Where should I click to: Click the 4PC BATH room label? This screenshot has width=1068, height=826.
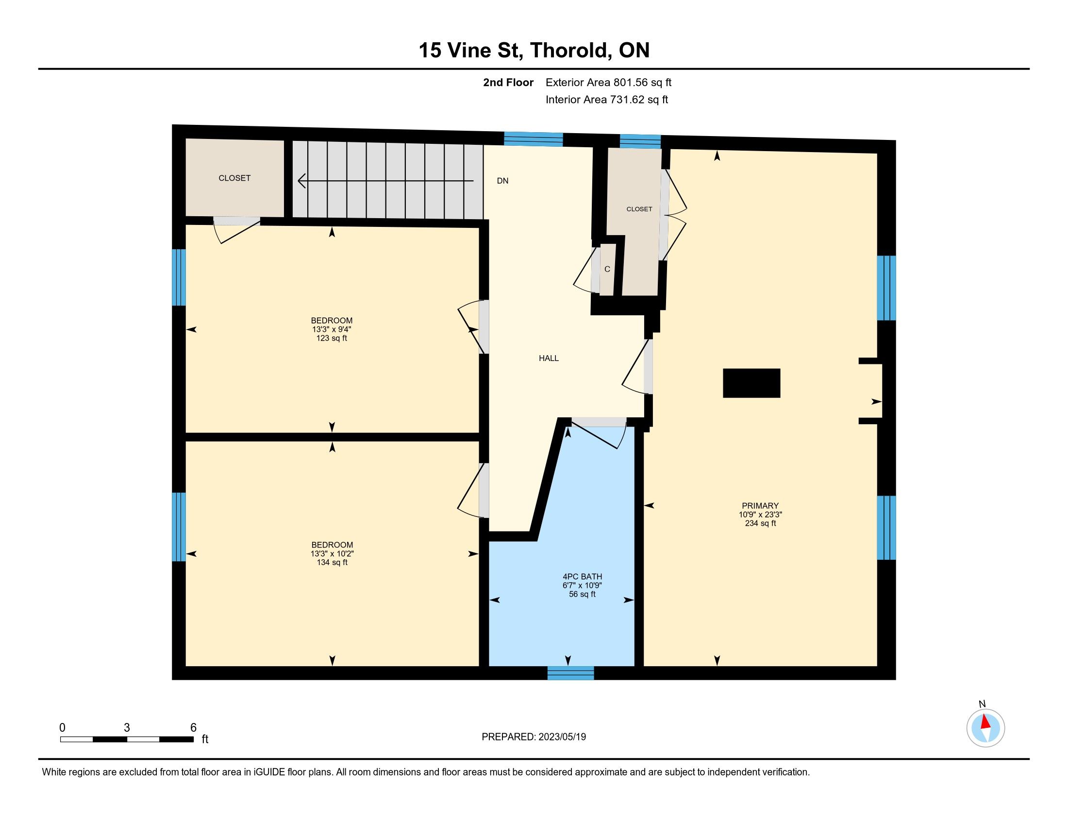582,576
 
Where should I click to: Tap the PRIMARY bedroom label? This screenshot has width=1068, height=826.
760,505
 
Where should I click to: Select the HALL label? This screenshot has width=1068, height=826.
549,358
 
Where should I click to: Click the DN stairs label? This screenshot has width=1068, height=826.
503,181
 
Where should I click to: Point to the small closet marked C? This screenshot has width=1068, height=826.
607,269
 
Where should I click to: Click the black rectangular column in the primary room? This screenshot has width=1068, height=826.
751,383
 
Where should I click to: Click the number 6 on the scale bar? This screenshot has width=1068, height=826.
193,728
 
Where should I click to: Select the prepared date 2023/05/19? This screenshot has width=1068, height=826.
562,737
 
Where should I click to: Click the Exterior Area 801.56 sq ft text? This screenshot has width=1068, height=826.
609,82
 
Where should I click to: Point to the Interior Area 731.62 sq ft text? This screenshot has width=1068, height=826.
607,99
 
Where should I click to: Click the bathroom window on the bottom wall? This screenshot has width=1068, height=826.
571,673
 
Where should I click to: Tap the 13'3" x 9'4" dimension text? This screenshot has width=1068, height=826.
332,329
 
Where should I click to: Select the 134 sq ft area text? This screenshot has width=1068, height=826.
332,562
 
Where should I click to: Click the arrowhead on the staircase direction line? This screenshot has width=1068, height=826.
302,181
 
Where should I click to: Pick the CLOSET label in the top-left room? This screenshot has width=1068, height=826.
235,178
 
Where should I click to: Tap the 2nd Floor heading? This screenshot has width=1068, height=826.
508,82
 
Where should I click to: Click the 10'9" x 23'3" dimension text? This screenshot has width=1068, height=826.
760,514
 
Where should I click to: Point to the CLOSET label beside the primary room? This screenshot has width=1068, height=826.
639,209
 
